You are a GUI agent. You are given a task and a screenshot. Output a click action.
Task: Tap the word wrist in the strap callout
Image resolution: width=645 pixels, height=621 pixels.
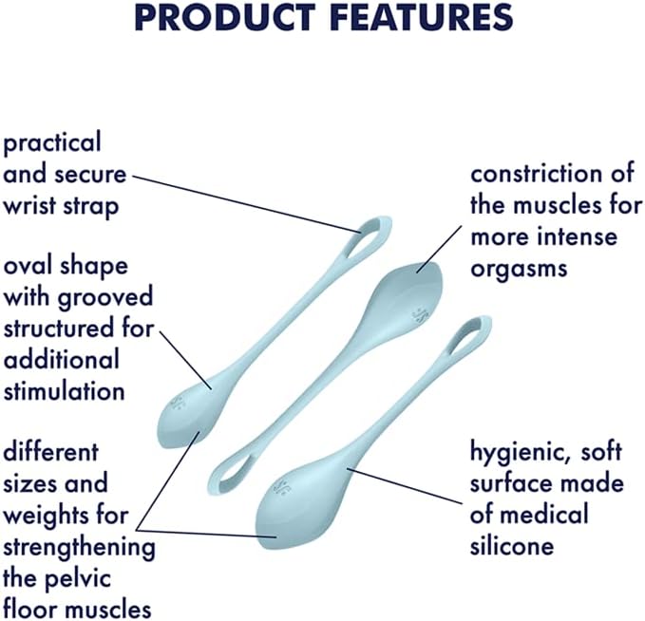[x=29, y=205]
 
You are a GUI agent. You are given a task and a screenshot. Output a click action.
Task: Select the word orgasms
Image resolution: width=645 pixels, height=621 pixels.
[x=519, y=268]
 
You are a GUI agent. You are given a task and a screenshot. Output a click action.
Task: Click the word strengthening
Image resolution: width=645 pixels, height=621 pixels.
[x=78, y=547]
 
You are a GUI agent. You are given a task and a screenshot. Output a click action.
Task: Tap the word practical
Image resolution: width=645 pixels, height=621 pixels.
[x=51, y=143]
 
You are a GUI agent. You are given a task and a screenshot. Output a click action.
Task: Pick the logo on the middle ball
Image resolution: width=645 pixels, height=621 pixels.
[x=419, y=313]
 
